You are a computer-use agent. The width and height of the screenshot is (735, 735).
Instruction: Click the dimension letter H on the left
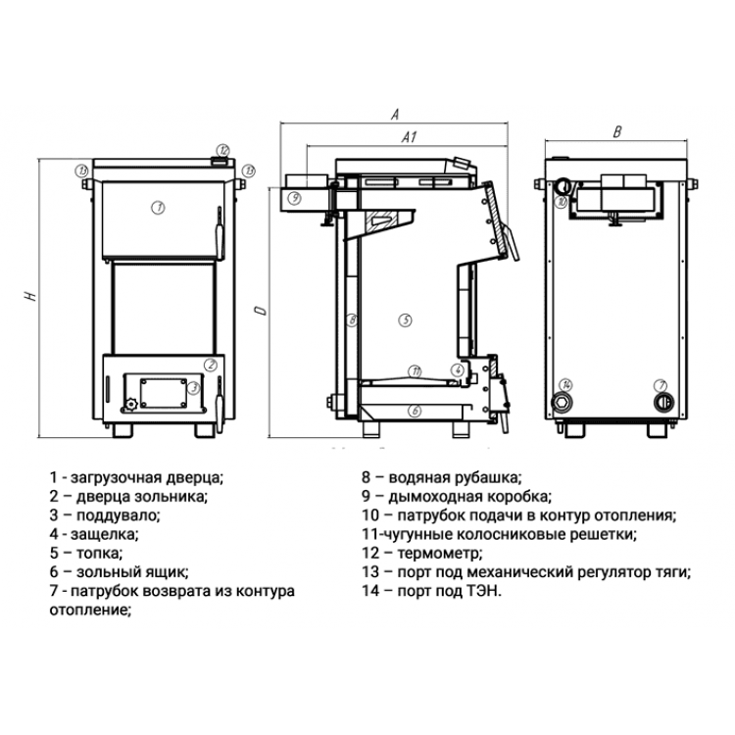pos(31,296)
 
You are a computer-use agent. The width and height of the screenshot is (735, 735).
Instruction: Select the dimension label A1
pos(410,137)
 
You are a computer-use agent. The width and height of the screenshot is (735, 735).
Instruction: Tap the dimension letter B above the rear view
pos(617,132)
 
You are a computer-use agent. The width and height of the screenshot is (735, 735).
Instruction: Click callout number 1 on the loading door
pos(158,207)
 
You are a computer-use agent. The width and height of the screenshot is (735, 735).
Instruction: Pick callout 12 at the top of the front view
pos(223,151)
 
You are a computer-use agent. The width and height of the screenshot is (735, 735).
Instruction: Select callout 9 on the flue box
pos(294,198)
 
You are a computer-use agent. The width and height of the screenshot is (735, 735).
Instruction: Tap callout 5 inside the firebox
pos(405,320)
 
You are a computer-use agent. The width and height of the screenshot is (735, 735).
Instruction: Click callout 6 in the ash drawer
pos(415,411)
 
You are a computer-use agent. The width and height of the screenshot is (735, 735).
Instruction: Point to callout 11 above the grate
pos(415,371)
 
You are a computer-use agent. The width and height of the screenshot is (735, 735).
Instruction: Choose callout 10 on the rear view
pos(562,202)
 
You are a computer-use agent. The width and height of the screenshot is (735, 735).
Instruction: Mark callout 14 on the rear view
pos(566,385)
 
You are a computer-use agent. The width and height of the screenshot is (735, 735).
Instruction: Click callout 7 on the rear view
pos(661,385)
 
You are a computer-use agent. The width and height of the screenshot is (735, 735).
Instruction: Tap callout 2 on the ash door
pos(211,365)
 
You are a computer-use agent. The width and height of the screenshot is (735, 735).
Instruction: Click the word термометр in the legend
pos(440,553)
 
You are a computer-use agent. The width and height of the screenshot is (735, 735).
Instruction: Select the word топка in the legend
pos(99,553)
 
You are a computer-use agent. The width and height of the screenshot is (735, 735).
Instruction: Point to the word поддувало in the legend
pos(119,515)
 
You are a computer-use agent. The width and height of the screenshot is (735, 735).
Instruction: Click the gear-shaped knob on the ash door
pos(130,404)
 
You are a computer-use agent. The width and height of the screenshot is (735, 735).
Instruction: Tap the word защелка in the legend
pos(104,534)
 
